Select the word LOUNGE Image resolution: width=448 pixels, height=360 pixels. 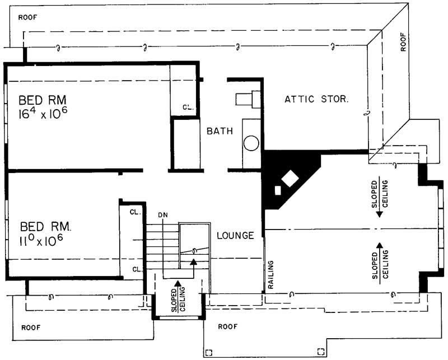[236, 235]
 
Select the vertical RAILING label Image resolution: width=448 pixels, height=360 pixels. [270, 273]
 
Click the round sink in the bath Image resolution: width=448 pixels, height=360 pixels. [251, 143]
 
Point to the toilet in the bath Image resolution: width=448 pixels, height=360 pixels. [245, 100]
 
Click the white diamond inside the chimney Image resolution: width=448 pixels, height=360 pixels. [290, 179]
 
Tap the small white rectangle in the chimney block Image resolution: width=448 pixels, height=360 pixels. [278, 190]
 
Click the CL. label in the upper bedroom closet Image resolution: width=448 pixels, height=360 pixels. [188, 106]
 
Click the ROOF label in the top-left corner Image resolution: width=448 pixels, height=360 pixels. [28, 17]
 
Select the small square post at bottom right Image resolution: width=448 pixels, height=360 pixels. [320, 352]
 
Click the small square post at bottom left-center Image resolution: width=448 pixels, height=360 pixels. [209, 353]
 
